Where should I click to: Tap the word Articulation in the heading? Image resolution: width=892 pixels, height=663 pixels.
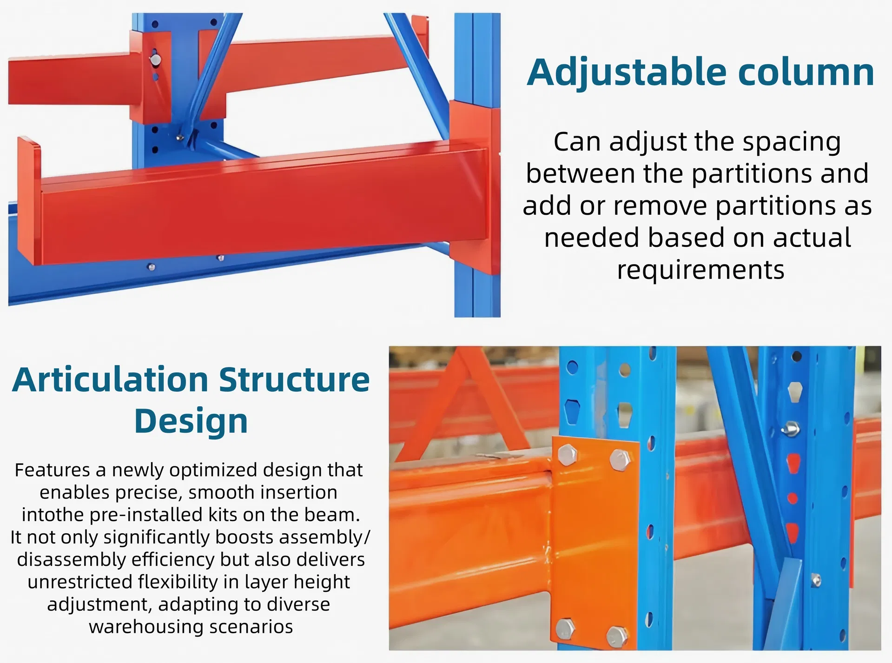point(111,380)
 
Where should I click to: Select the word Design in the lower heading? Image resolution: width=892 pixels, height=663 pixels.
point(191,421)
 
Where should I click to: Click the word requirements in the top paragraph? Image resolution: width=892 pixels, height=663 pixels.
point(700,270)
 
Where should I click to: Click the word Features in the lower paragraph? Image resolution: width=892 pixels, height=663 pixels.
point(52,470)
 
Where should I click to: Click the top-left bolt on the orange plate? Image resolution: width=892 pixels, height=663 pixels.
point(567,454)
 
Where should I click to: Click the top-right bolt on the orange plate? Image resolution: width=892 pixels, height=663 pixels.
point(620,459)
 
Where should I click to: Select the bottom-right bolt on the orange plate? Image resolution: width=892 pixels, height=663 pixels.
point(618,636)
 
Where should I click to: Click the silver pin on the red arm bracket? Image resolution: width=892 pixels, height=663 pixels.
point(155,60)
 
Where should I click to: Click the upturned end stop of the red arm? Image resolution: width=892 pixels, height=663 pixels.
point(29,200)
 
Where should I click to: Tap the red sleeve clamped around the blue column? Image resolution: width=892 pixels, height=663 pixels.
point(475,186)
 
